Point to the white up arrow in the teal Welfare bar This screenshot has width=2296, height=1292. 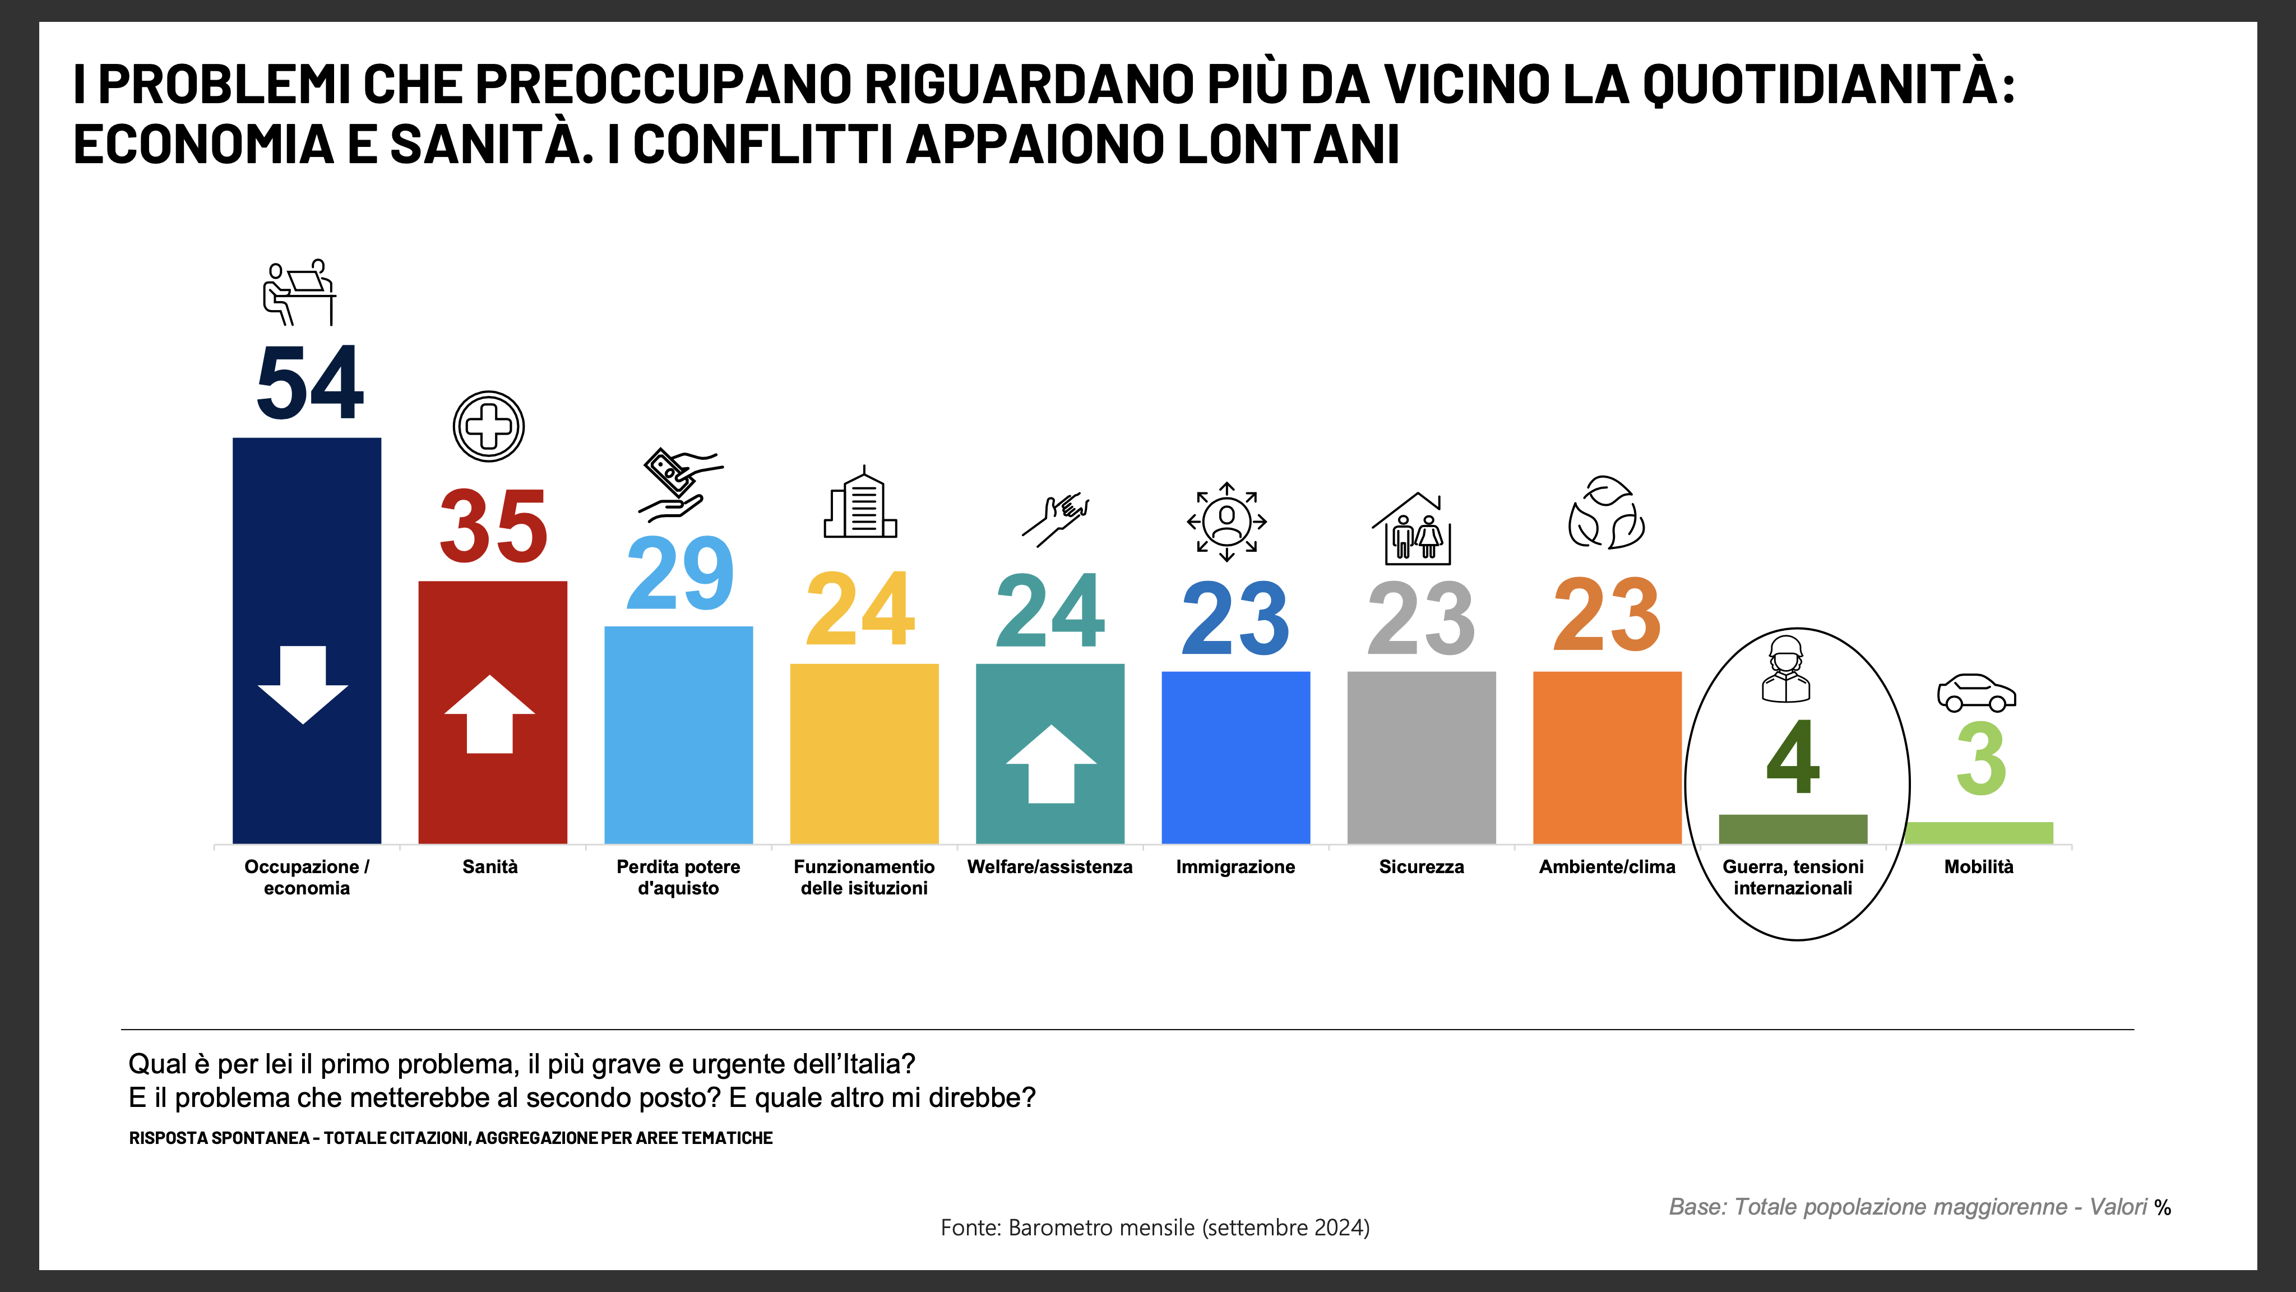tap(1051, 764)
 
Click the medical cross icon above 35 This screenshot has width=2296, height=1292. tap(488, 426)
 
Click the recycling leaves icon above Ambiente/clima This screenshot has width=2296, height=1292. tap(1606, 513)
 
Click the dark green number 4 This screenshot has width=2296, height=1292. tap(1793, 758)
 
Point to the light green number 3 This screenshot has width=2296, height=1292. tap(1980, 760)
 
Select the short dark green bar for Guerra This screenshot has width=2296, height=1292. tap(1793, 828)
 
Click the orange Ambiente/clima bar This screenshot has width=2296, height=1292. tap(1607, 758)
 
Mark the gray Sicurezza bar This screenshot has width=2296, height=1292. tap(1421, 758)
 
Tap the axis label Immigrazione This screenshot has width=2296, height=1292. tap(1235, 867)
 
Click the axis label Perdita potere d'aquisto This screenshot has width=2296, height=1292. tap(678, 878)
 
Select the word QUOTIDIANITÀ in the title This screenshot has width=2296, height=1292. tap(1827, 85)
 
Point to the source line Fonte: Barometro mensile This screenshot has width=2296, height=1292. tap(1154, 1228)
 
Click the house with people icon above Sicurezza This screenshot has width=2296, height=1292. tap(1412, 529)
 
